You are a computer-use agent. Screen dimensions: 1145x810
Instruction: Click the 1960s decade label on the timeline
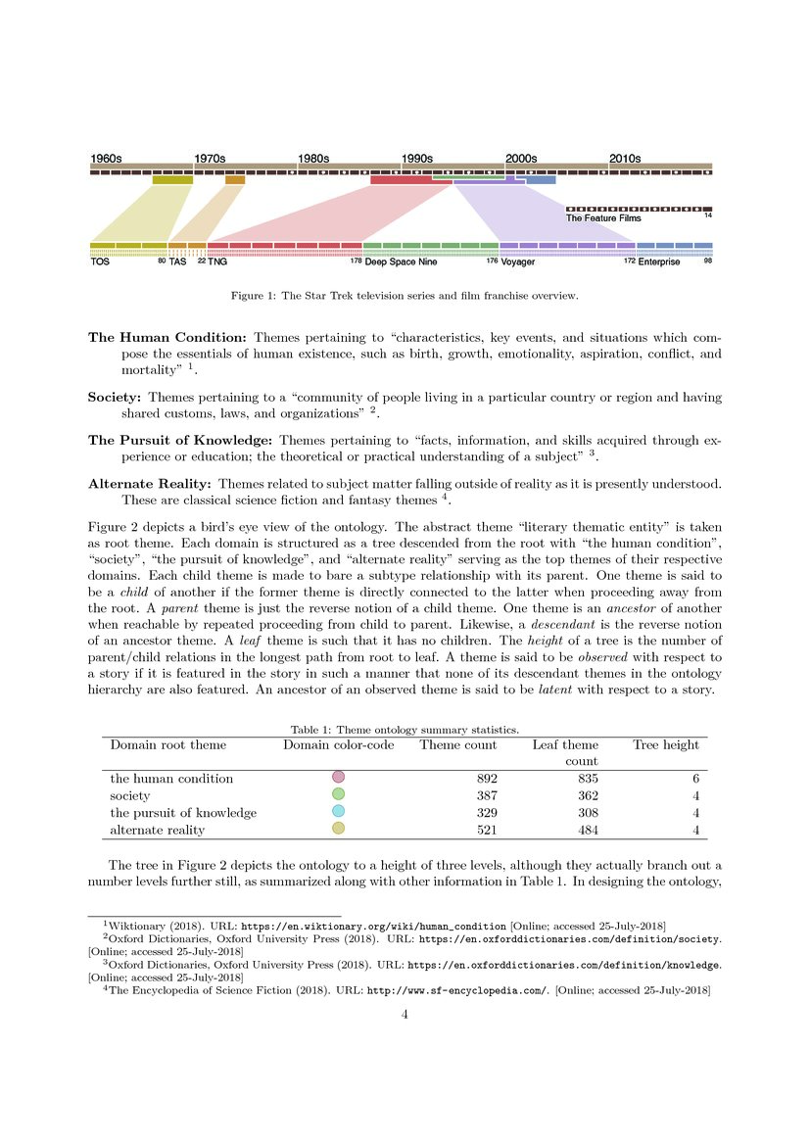click(106, 158)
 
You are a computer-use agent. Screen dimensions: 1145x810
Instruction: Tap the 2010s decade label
click(625, 158)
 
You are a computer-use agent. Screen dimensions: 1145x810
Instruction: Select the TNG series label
click(217, 262)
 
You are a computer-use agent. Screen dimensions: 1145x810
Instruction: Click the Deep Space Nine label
click(401, 262)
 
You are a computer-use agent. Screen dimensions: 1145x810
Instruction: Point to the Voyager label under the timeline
click(518, 262)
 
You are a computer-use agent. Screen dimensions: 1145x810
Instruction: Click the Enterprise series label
click(659, 262)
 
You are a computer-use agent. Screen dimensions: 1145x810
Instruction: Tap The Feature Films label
click(603, 218)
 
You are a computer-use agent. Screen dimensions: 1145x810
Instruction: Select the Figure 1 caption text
click(405, 295)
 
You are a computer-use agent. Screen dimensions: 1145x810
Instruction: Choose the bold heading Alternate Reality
click(150, 484)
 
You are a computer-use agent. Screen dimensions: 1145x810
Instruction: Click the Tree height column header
click(666, 744)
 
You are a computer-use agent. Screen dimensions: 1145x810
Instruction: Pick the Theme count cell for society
click(484, 795)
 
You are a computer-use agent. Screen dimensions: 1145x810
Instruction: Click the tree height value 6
click(695, 778)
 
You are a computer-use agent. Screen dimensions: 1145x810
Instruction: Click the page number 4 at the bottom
click(405, 1015)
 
